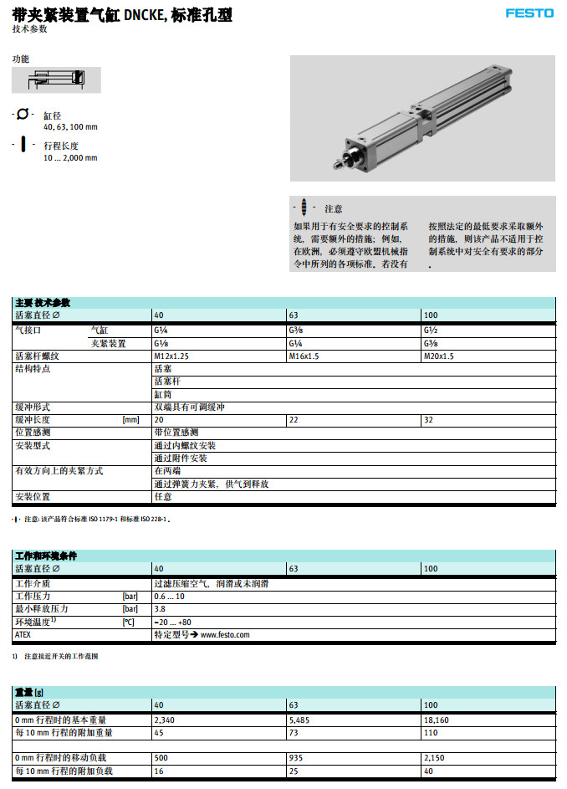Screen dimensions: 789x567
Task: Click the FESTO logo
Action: (529, 13)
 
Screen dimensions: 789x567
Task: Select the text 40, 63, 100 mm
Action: (70, 127)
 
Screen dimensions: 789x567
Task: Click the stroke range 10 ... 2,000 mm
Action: (70, 157)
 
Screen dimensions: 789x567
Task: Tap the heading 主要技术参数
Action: (43, 302)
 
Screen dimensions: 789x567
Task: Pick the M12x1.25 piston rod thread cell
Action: (171, 356)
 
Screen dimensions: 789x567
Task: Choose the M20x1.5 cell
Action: (439, 356)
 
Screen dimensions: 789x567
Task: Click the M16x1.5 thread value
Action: (304, 356)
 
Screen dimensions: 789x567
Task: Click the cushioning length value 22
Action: (294, 420)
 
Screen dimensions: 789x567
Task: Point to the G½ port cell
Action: (432, 330)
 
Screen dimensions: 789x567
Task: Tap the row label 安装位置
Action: (34, 497)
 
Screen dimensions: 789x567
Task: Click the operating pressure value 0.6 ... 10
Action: (170, 596)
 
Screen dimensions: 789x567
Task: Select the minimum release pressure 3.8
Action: (160, 608)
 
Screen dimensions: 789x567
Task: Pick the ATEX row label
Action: (23, 635)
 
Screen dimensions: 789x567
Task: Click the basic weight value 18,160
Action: (437, 720)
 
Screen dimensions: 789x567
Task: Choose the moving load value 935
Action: (296, 758)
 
